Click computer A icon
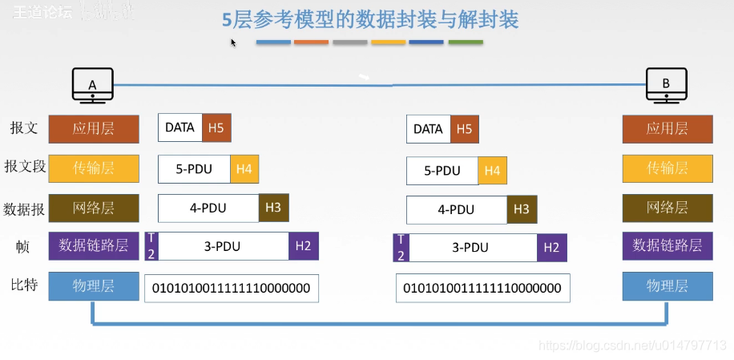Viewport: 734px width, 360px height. (92, 84)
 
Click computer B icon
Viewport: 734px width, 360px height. (667, 84)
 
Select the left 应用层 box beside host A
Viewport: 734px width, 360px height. (94, 128)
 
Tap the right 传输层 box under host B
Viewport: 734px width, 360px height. (667, 168)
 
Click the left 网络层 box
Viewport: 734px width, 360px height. (94, 208)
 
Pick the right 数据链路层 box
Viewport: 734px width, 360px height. (667, 245)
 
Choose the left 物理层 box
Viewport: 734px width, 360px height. (94, 286)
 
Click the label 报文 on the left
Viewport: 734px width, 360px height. (23, 128)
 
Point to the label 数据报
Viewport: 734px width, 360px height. (23, 209)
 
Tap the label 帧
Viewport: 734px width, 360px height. (23, 247)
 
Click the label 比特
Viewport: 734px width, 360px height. (23, 286)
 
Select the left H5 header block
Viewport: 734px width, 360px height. (216, 127)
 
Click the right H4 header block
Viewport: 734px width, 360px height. (492, 171)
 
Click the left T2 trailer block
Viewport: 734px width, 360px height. (151, 246)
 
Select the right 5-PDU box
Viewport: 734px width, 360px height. (442, 171)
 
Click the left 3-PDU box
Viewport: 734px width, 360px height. (217, 246)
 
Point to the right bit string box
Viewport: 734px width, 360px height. (482, 288)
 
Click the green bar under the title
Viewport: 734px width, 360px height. (466, 42)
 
